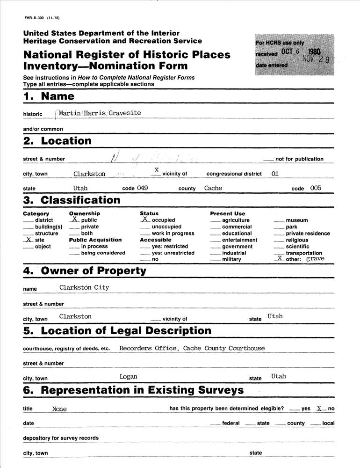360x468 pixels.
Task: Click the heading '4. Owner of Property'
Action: [x=85, y=271]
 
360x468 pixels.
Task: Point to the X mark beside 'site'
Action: [x=29, y=239]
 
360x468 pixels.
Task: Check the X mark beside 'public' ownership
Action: [x=74, y=219]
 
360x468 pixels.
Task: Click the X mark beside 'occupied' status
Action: [x=145, y=219]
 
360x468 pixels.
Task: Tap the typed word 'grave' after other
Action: [x=315, y=258]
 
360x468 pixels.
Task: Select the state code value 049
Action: [x=142, y=188]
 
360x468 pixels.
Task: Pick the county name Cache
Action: [x=213, y=188]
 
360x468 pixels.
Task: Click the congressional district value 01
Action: [x=275, y=174]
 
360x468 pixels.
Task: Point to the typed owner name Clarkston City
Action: [x=84, y=287]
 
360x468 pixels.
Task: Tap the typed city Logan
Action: [x=128, y=376]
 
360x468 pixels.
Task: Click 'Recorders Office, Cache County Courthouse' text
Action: [x=192, y=348]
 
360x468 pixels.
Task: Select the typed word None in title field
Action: [x=59, y=409]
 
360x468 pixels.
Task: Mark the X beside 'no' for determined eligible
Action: [x=320, y=408]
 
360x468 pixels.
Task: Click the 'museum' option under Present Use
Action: [x=296, y=220]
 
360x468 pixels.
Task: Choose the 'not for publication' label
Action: [x=299, y=159]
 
